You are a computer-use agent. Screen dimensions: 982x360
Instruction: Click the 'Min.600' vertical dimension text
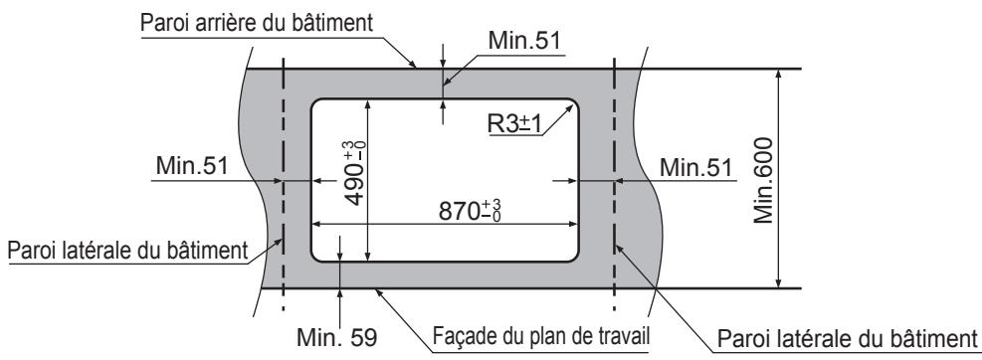coord(763,178)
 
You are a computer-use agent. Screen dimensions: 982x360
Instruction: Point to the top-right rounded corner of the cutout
coord(572,103)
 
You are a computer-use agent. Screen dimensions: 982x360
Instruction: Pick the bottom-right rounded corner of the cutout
coord(572,256)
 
